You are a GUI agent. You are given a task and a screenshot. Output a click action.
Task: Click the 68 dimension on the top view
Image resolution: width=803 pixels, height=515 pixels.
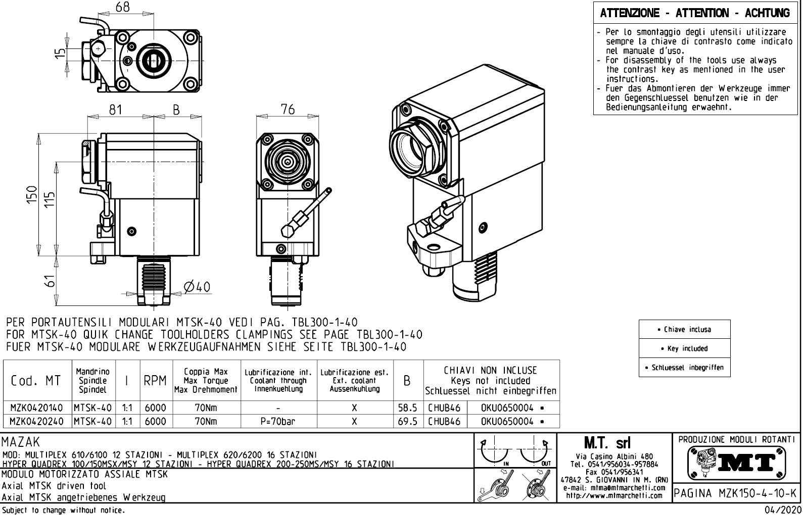coord(122,7)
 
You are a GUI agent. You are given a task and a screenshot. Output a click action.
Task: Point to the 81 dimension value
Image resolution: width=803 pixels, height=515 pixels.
coord(116,110)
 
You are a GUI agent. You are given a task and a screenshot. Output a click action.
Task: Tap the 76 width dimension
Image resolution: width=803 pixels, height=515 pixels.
coord(288,110)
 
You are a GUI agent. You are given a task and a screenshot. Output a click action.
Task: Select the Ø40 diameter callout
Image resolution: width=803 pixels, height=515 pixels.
coord(197,287)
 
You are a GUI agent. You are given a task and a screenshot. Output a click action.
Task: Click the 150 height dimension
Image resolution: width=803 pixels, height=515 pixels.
coord(31,195)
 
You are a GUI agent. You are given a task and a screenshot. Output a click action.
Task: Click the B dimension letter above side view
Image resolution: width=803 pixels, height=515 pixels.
coord(176,110)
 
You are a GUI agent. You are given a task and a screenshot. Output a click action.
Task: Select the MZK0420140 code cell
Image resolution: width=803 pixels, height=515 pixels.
coord(37,407)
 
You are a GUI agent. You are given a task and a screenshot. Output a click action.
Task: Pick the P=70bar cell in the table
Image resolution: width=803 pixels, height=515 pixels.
coord(278,421)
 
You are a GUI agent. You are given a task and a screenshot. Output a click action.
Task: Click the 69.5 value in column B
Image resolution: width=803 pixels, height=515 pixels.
coord(407,421)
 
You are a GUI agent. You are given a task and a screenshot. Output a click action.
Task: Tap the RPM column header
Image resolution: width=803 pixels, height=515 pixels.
coord(155,381)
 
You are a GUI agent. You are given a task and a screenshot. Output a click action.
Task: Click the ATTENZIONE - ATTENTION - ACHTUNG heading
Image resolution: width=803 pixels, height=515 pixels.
coord(695,13)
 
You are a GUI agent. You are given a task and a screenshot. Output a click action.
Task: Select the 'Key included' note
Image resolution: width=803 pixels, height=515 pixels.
coord(684,348)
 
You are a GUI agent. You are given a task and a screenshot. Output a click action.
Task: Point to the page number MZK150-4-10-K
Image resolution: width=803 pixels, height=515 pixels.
coord(736,493)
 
